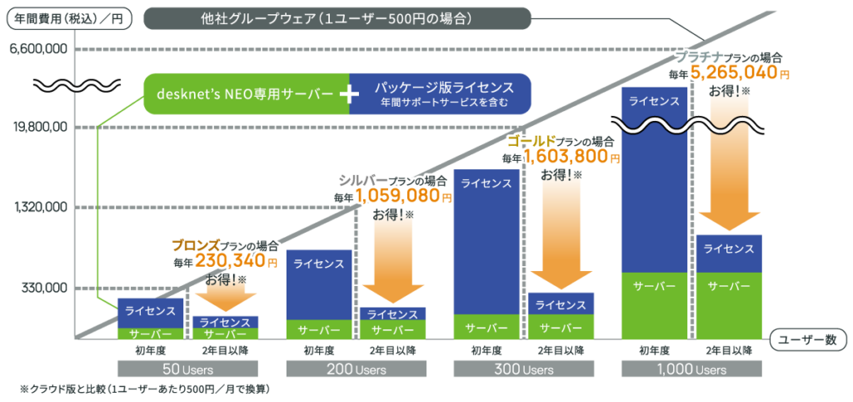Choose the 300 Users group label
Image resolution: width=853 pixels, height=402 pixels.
(523, 368)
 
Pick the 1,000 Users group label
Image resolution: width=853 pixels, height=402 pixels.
(691, 368)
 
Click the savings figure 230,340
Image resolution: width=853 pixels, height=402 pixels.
(237, 261)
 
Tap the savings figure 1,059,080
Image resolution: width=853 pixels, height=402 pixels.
(397, 198)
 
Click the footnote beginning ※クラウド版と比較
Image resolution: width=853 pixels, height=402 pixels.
(146, 389)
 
